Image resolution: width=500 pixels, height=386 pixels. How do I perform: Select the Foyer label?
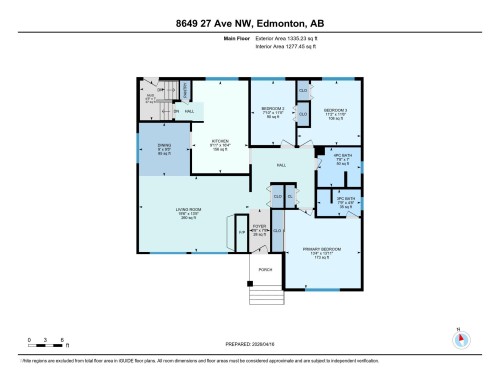pos(260,232)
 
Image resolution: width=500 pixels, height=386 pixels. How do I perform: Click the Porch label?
pos(266,270)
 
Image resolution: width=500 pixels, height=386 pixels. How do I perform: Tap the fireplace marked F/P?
pos(241,233)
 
